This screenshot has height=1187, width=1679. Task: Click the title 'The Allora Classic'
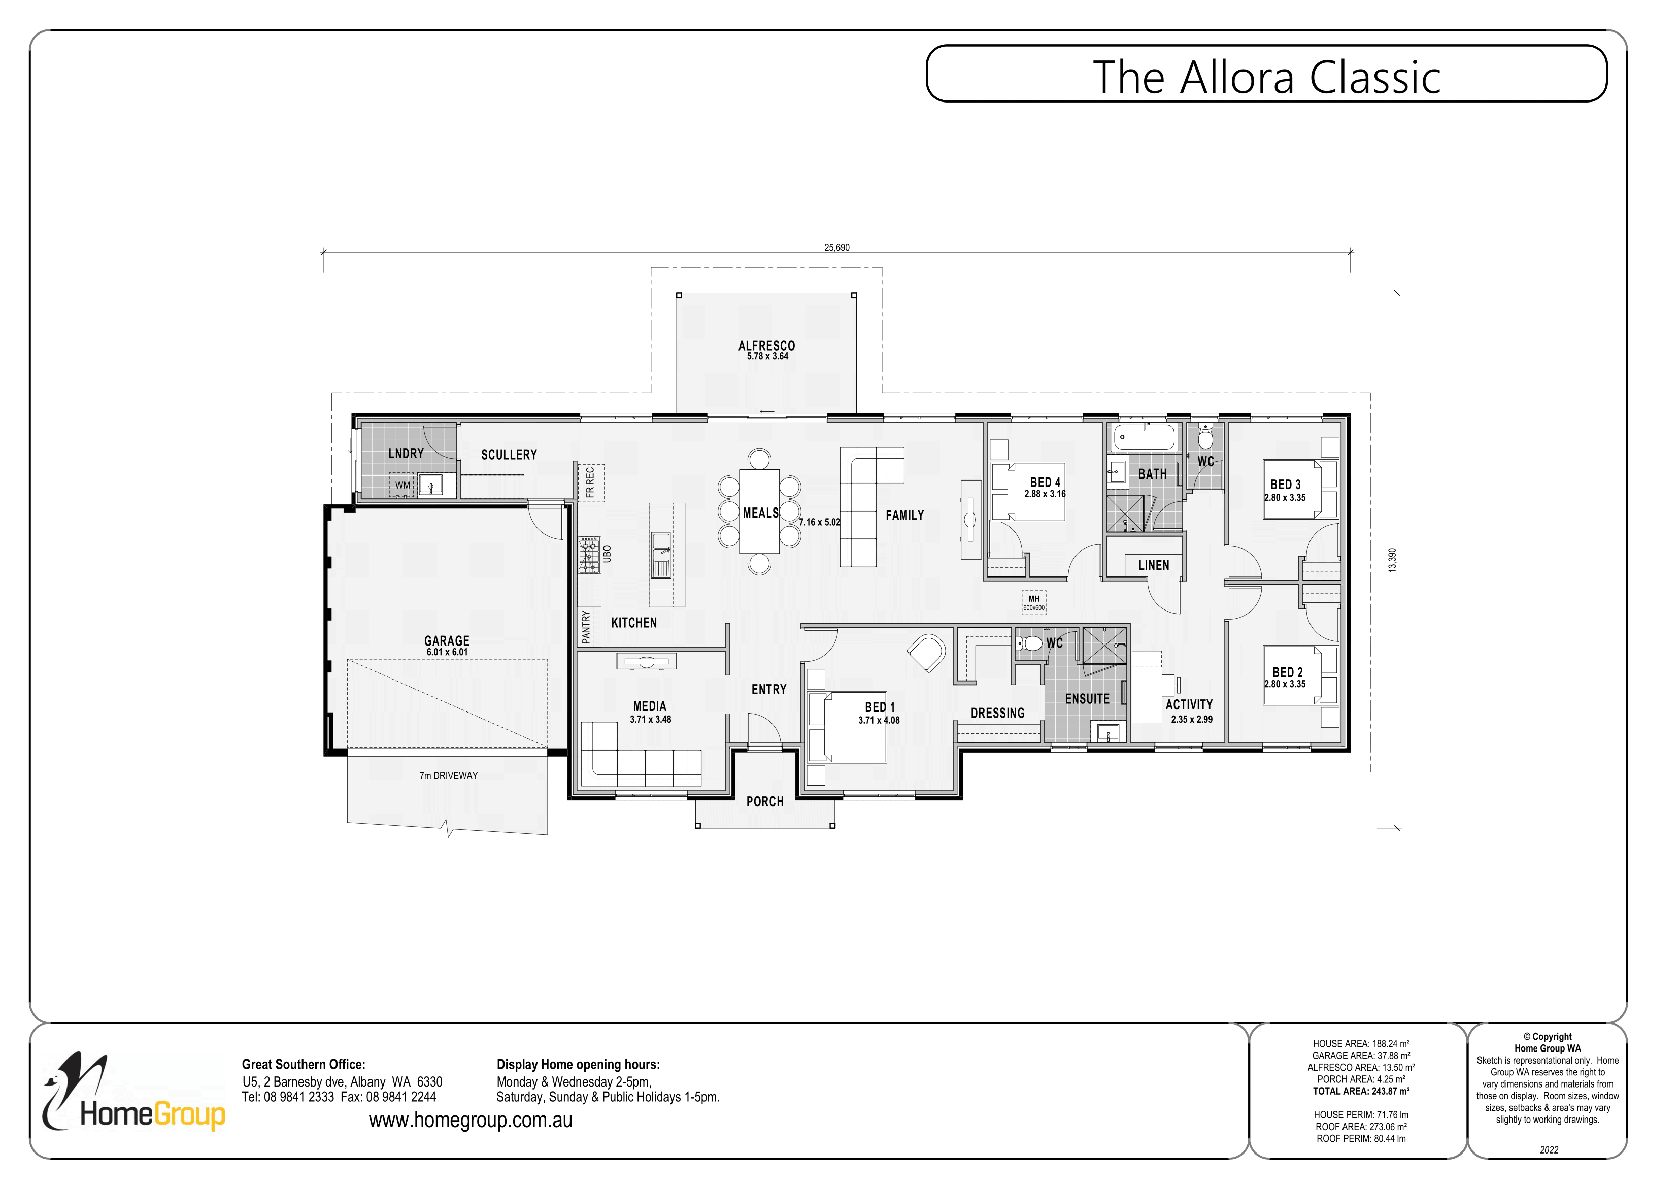pos(1266,78)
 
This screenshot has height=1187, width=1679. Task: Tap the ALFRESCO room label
pos(766,345)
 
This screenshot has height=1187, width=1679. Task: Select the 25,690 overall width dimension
pos(836,247)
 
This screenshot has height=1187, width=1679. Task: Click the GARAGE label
pos(447,640)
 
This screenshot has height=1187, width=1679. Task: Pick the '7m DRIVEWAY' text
pos(448,776)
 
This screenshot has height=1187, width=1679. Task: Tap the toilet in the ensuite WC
pos(1030,643)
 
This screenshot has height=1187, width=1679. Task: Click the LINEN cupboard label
pos(1153,565)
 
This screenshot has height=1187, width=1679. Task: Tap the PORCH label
pos(764,802)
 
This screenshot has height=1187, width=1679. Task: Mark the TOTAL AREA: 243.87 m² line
pos(1360,1091)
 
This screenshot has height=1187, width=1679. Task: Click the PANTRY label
pos(586,628)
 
